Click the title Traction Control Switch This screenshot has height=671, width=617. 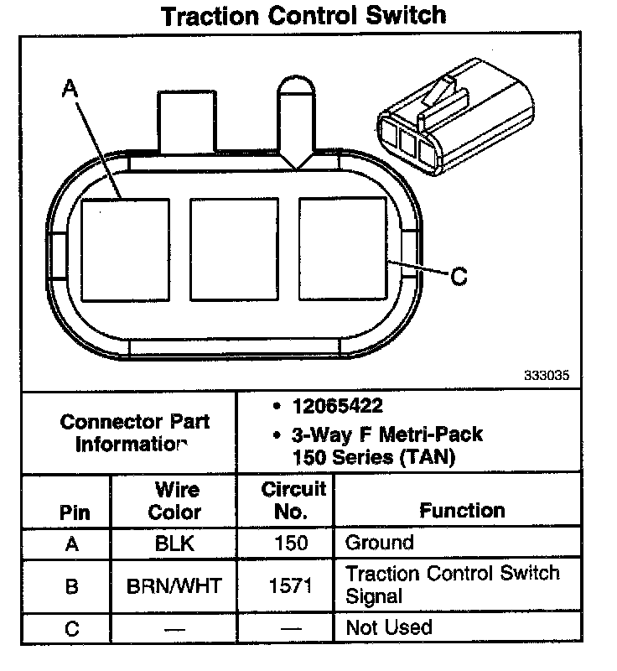(x=303, y=16)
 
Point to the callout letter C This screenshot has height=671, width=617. (x=458, y=275)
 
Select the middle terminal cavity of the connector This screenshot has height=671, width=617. (x=234, y=249)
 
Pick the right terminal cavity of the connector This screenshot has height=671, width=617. (x=344, y=249)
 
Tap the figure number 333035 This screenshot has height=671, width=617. (x=547, y=377)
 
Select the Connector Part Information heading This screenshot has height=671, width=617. (x=134, y=433)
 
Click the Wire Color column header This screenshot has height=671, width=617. (x=175, y=500)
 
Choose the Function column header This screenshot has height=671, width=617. (x=462, y=510)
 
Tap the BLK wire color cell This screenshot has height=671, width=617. (x=174, y=543)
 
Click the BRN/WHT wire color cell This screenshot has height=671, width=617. (x=174, y=585)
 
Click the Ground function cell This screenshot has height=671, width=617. (x=379, y=543)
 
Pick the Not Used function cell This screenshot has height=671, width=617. (x=388, y=627)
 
